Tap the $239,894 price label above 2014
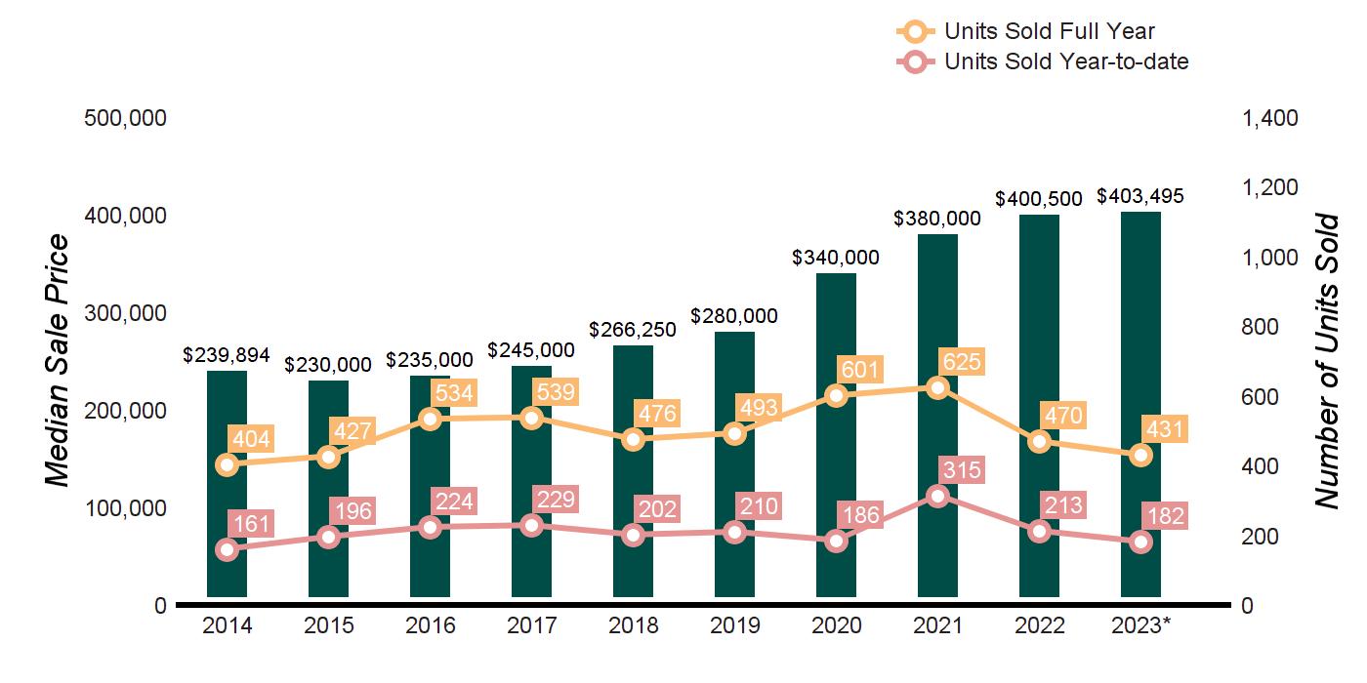[228, 355]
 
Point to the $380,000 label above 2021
[937, 219]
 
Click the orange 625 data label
[962, 363]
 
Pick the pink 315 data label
[962, 470]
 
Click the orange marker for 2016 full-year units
[431, 420]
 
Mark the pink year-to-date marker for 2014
[228, 549]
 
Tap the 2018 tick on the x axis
[634, 625]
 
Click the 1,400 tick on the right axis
[1269, 118]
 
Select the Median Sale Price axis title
[59, 361]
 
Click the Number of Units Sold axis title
[1326, 361]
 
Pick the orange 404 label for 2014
[250, 438]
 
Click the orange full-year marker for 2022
[1040, 441]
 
